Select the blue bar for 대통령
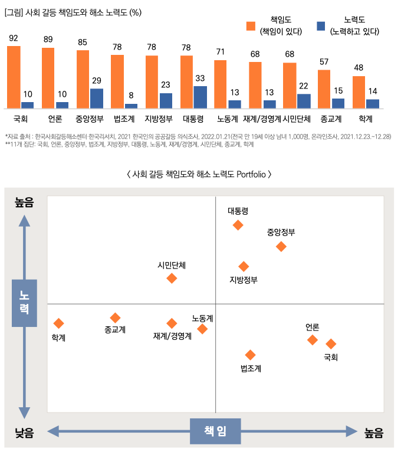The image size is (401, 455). tap(200, 97)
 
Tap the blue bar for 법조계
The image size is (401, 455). tap(131, 106)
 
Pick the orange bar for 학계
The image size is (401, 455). tap(359, 92)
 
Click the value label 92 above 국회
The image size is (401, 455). tap(14, 38)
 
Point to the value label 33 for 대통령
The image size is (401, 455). tap(200, 78)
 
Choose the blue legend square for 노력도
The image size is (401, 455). tap(321, 27)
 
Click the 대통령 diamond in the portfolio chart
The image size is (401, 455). tap(238, 225)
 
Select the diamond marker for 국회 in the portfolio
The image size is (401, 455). tap(331, 344)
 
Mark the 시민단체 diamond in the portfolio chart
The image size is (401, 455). tap(172, 278)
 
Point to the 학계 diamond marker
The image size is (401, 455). tap(58, 323)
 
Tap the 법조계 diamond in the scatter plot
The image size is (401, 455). tap(250, 355)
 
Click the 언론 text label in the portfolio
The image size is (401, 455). tap(313, 327)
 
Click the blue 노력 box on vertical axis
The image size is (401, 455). tap(24, 303)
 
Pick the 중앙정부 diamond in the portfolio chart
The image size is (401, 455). tap(281, 246)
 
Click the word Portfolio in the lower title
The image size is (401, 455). tap(252, 175)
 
